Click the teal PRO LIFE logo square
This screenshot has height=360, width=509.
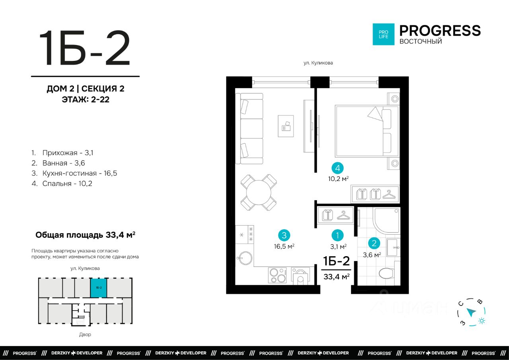[383, 34]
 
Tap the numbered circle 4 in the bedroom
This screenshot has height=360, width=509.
[338, 168]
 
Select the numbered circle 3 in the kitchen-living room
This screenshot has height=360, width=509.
[284, 235]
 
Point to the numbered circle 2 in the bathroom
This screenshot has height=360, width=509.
[374, 243]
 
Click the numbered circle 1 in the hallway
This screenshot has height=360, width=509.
[338, 235]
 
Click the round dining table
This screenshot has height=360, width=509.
[258, 192]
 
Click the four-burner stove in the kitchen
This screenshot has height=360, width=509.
[277, 275]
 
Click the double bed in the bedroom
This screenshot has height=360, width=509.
[367, 131]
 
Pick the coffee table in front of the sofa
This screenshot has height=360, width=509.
[286, 126]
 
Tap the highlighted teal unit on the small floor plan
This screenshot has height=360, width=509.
[99, 288]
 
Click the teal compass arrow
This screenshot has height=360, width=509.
[471, 312]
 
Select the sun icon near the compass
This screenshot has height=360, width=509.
[482, 321]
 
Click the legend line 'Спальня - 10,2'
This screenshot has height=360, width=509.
[62, 183]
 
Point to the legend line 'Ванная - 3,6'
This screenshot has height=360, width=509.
[58, 163]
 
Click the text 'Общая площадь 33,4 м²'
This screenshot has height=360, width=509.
[85, 235]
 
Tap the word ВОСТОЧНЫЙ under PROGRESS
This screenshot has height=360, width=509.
[421, 41]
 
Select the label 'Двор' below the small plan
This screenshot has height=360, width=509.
[85, 334]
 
